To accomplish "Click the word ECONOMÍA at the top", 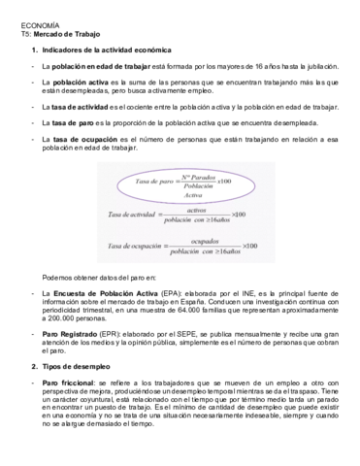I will tap(38, 24).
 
